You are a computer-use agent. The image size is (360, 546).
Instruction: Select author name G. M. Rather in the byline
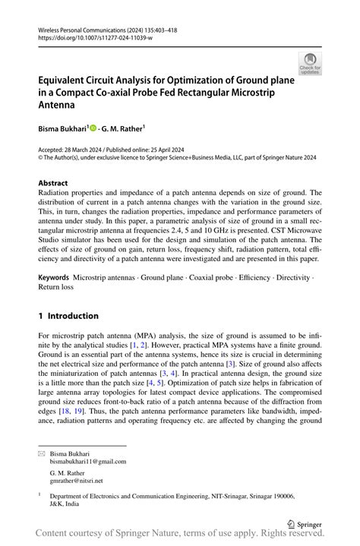pyautogui.click(x=124, y=130)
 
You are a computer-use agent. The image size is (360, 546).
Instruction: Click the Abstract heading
pyautogui.click(x=52, y=184)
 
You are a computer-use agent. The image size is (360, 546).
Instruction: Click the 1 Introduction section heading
pyautogui.click(x=68, y=316)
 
